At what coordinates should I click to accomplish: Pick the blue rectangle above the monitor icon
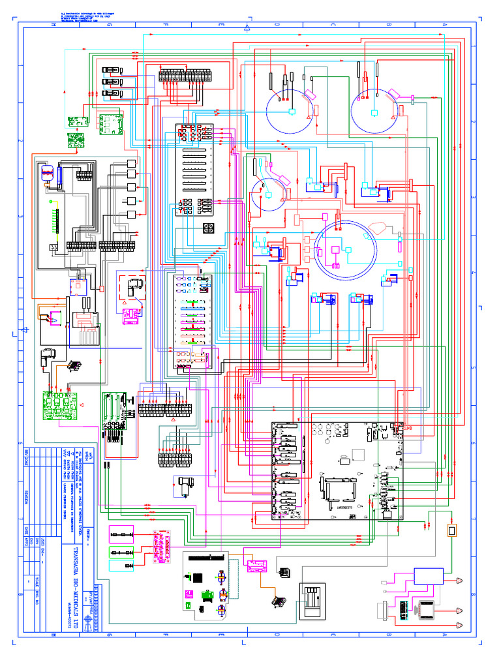pyautogui.click(x=429, y=576)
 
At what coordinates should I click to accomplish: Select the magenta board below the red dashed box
pyautogui.click(x=132, y=316)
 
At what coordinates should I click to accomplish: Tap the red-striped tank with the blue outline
pyautogui.click(x=47, y=172)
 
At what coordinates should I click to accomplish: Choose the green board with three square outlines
pyautogui.click(x=110, y=123)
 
